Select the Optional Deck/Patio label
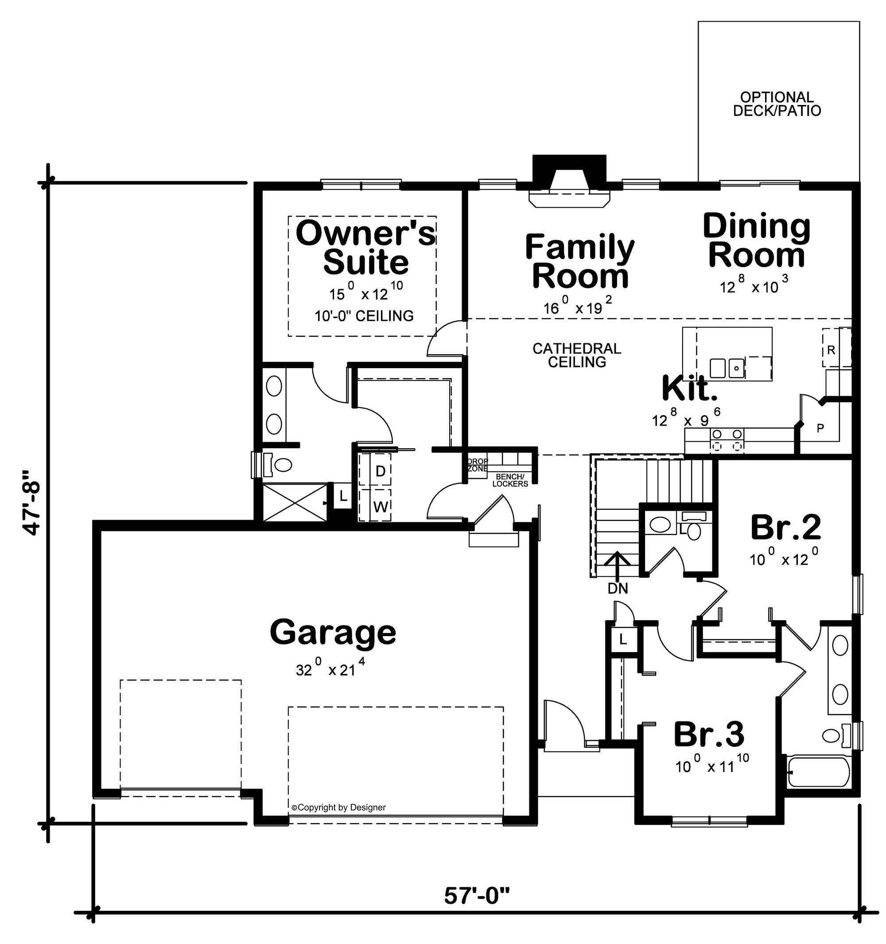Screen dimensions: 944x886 pyautogui.click(x=777, y=104)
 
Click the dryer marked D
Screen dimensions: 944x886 pyautogui.click(x=380, y=471)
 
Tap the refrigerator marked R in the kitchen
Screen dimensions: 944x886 pyautogui.click(x=831, y=350)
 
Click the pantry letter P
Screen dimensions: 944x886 pyautogui.click(x=820, y=428)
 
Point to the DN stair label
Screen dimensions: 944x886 pyautogui.click(x=617, y=589)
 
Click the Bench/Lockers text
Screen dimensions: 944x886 pyautogui.click(x=510, y=480)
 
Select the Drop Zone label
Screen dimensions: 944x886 pyautogui.click(x=477, y=465)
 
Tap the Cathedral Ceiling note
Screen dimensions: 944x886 pyautogui.click(x=576, y=355)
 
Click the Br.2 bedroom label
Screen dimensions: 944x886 pyautogui.click(x=786, y=528)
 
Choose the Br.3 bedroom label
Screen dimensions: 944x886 pyautogui.click(x=709, y=734)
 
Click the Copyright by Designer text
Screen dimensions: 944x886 pyautogui.click(x=338, y=807)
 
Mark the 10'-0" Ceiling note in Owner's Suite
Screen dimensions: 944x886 pyautogui.click(x=364, y=316)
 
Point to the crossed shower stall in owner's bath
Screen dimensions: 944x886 pyautogui.click(x=295, y=502)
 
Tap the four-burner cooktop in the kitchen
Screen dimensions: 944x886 pyautogui.click(x=727, y=440)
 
